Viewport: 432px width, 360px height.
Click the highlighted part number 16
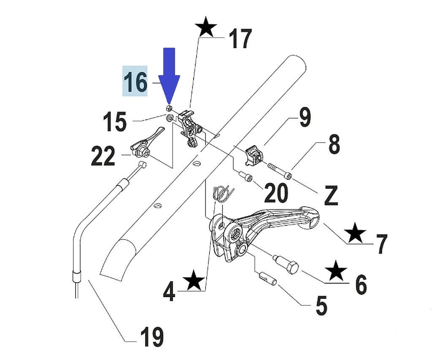click(x=135, y=81)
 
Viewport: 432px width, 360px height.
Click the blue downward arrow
click(x=169, y=76)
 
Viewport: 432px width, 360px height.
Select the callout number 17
click(x=240, y=39)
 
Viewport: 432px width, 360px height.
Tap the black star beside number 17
click(x=206, y=28)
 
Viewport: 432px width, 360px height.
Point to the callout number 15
click(x=115, y=122)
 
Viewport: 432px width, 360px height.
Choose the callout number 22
click(x=103, y=157)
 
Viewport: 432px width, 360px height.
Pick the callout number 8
click(x=333, y=145)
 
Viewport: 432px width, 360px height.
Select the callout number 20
click(x=276, y=193)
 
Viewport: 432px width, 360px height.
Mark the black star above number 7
click(x=355, y=233)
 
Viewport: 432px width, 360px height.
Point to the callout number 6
click(x=361, y=284)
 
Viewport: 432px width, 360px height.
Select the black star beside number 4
click(x=194, y=281)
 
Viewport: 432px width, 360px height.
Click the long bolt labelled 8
click(x=279, y=171)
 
